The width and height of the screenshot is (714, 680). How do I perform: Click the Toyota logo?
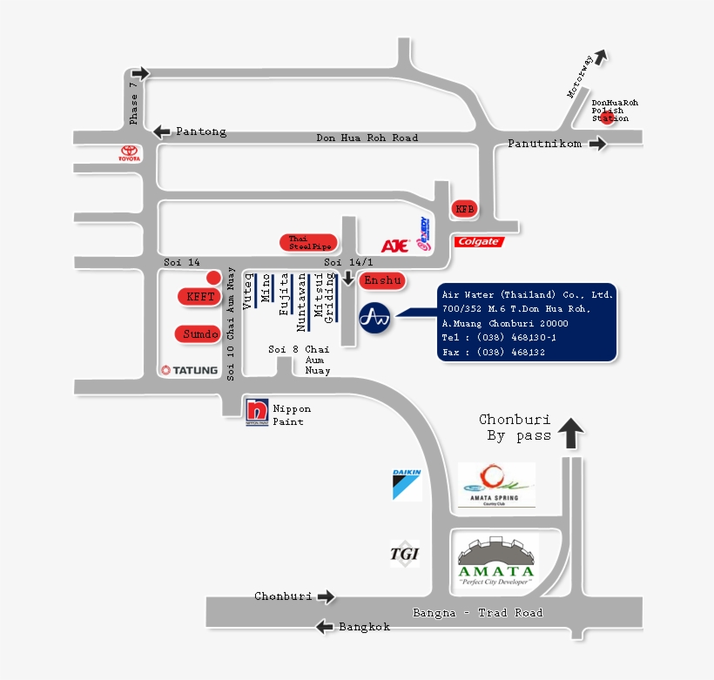[x=129, y=153]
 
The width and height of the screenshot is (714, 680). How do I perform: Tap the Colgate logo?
[x=478, y=241]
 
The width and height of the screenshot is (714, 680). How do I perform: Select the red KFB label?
[x=464, y=209]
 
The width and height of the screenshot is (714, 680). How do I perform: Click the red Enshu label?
[x=382, y=279]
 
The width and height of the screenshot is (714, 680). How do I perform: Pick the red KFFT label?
[x=200, y=296]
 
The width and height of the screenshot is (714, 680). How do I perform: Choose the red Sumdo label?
[x=199, y=333]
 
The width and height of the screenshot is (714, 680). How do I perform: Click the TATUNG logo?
[x=189, y=370]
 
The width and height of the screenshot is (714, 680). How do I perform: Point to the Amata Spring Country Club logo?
[x=496, y=485]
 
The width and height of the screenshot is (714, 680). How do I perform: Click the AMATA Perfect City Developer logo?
[x=496, y=562]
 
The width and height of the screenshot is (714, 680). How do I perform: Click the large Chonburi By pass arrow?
[x=570, y=433]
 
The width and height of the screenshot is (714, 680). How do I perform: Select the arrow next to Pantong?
[x=162, y=131]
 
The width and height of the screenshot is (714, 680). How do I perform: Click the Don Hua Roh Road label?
[x=367, y=138]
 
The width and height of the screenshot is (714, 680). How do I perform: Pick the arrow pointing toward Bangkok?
[x=324, y=626]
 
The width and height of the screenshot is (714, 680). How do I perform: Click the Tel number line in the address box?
[x=499, y=337]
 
